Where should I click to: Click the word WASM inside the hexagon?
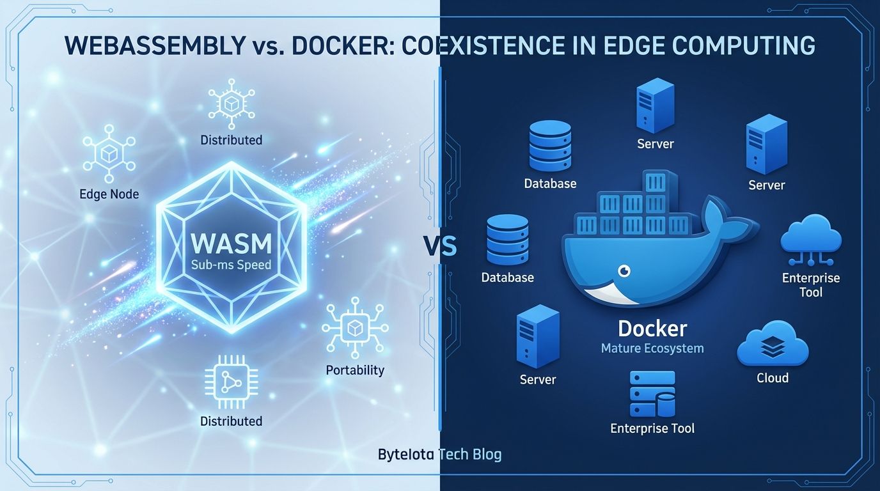point(231,244)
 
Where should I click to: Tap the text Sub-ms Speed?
point(231,265)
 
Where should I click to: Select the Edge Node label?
point(109,194)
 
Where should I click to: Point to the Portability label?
point(355,370)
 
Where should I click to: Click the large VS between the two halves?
point(440,245)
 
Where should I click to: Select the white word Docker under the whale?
point(652,329)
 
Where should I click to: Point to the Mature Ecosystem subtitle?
point(652,348)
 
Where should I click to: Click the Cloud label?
point(772,378)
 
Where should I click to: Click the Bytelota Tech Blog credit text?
point(439,455)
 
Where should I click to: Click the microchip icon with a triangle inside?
point(231,383)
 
